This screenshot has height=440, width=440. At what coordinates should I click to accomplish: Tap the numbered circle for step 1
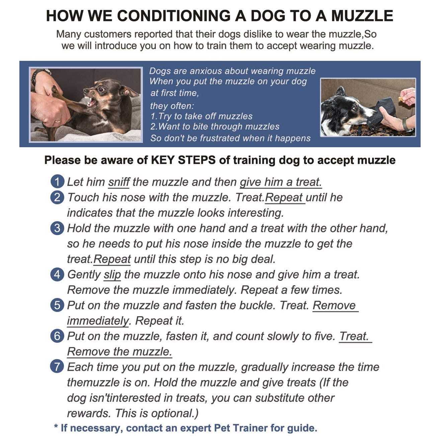coord(57,182)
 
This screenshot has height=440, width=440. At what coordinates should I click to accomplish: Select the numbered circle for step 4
coord(57,274)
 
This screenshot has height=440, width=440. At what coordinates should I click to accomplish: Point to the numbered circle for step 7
coord(57,367)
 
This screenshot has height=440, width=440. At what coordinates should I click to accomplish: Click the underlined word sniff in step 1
coord(119,182)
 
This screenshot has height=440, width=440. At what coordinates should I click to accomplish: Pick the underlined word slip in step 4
coord(112,275)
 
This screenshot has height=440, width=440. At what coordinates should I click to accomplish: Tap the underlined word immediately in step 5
coord(98,321)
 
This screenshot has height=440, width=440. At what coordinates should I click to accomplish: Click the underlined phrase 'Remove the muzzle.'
coord(119,352)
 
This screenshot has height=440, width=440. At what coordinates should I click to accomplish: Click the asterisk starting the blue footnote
coord(56,427)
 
